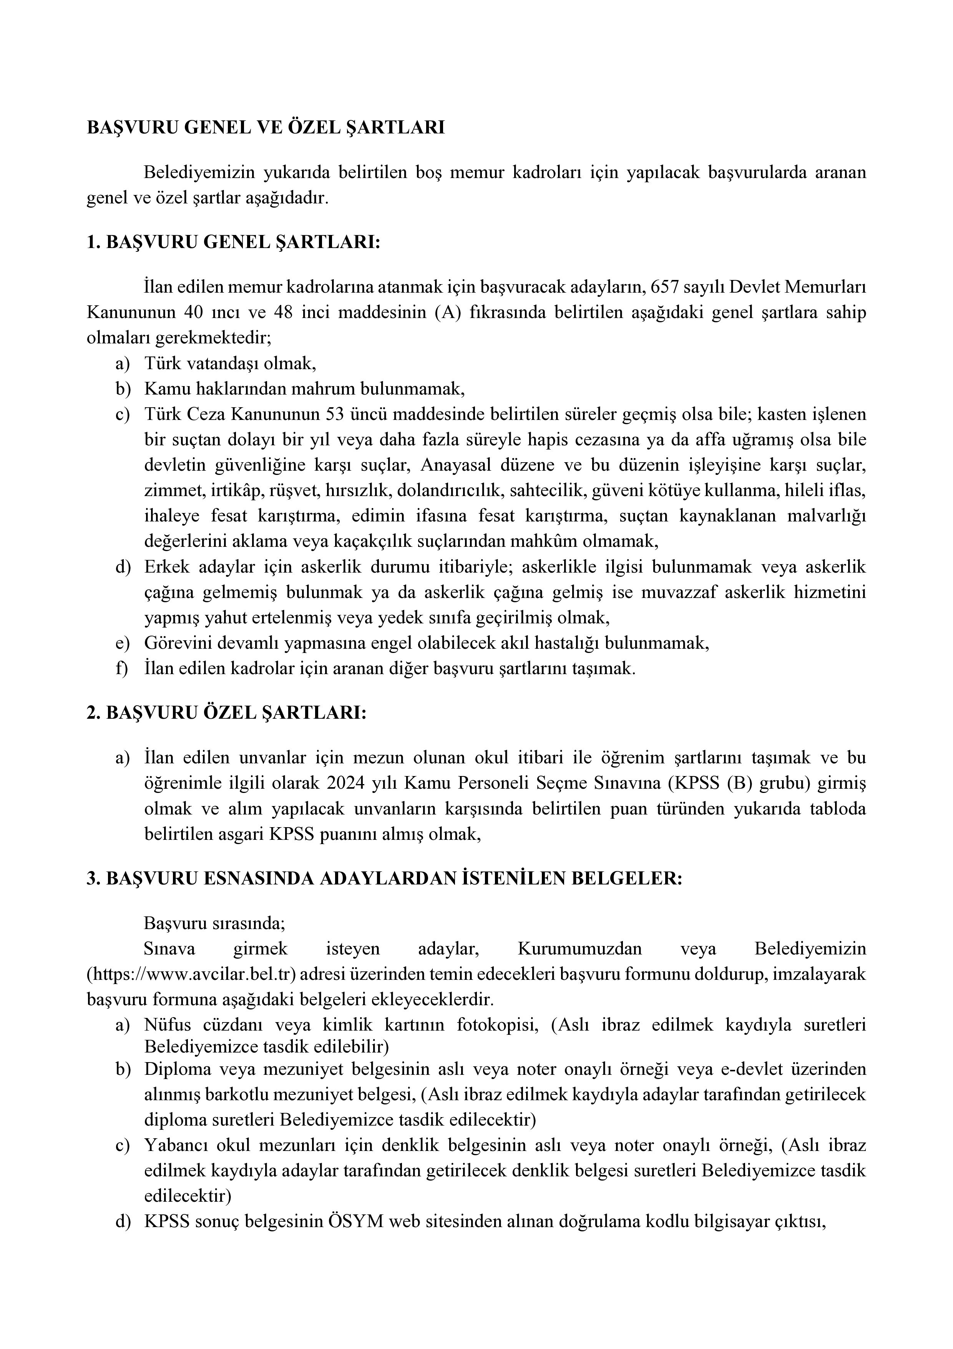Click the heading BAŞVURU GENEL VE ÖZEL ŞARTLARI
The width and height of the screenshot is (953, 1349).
(x=266, y=128)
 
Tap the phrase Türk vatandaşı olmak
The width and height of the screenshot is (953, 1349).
(x=230, y=364)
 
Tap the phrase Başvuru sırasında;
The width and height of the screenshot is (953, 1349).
(x=214, y=923)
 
